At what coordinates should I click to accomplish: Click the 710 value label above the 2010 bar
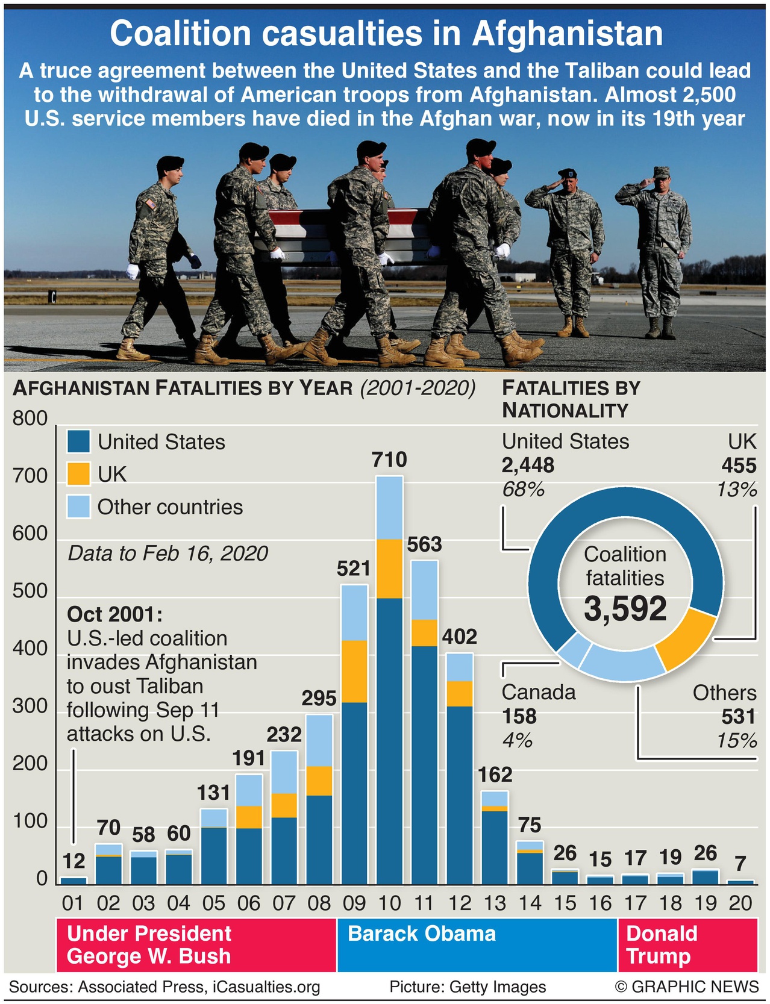[389, 460]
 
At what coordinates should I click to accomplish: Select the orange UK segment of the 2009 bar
[354, 671]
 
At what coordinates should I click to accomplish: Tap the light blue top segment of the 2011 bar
[424, 590]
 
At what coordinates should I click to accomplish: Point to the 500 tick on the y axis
[30, 591]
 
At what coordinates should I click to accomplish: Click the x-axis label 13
[495, 903]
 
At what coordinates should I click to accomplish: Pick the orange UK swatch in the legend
[78, 474]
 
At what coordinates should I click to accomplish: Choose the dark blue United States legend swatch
[78, 441]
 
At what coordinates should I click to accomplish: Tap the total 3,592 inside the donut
[625, 609]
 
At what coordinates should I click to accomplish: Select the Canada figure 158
[519, 717]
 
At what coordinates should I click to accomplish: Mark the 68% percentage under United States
[523, 490]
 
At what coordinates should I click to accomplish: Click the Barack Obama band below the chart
[476, 944]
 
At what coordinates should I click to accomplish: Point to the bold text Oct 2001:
[114, 614]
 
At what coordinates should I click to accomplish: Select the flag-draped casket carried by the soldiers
[343, 235]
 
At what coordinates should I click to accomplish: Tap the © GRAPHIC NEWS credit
[686, 987]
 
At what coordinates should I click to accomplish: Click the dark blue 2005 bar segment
[214, 856]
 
